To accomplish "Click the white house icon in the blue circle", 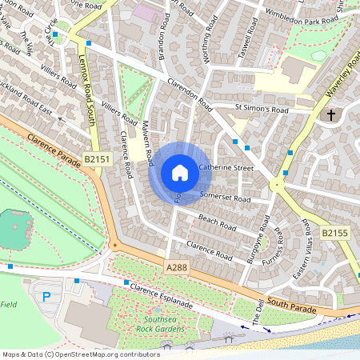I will [180, 173].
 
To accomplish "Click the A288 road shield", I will [178, 265].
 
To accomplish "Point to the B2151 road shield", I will [97, 161].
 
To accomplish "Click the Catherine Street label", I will [226, 168].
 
